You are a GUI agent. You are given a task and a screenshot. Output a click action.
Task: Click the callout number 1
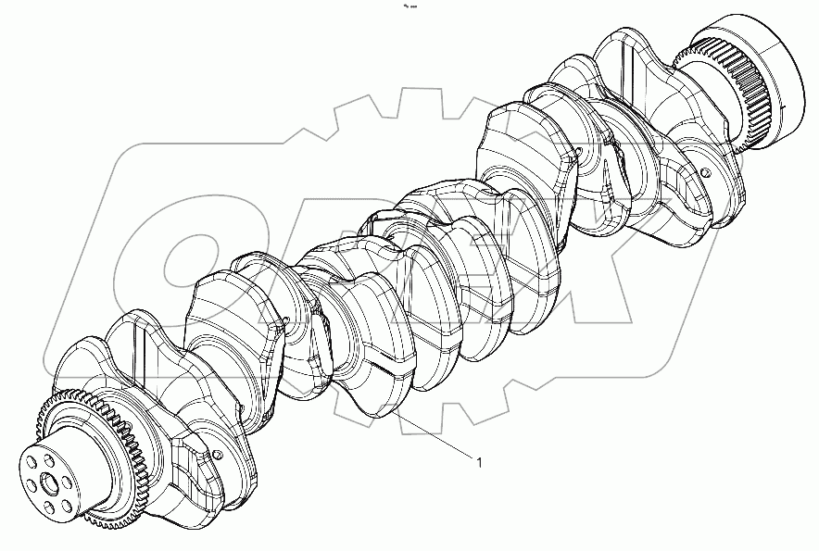[x=479, y=461]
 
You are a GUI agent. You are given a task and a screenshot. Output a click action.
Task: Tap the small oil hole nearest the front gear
[x=217, y=454]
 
